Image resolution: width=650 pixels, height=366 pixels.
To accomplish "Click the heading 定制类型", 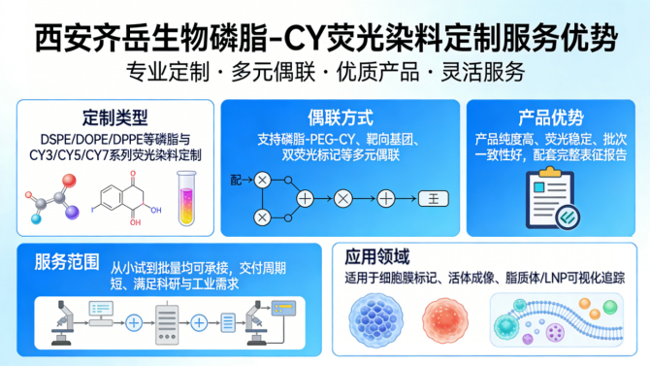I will tap(113, 117).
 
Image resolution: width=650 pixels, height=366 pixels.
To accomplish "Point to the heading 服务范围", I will tap(66, 262).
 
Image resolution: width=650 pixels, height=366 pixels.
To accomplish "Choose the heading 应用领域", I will tap(376, 258).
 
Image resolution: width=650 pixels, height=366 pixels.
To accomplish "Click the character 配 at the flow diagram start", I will tap(236, 181).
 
